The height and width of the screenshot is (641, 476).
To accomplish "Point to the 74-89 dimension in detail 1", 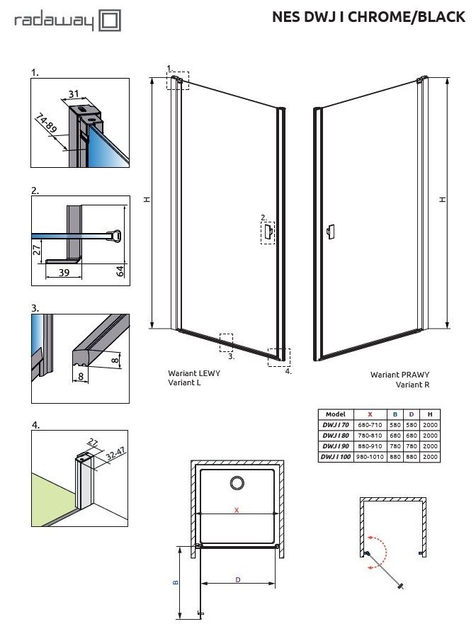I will point(47,126).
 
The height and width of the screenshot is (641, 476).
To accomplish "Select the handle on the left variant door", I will point(269,231).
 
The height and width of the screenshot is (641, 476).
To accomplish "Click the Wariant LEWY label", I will point(193,373).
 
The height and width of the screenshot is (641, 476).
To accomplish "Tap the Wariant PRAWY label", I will point(400,375).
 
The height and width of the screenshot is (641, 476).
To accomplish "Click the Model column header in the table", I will point(335,414).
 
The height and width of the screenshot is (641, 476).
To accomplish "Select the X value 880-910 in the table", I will point(370,446).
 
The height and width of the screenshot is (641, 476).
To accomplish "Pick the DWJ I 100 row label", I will point(335,458).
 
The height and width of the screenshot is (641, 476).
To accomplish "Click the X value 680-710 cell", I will point(370,425).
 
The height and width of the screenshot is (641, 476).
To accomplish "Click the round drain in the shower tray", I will point(237,483).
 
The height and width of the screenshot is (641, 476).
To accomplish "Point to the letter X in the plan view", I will point(237,510).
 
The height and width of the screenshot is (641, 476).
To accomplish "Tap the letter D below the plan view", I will point(238,580).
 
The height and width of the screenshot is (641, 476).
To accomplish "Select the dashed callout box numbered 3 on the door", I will point(226,342).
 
